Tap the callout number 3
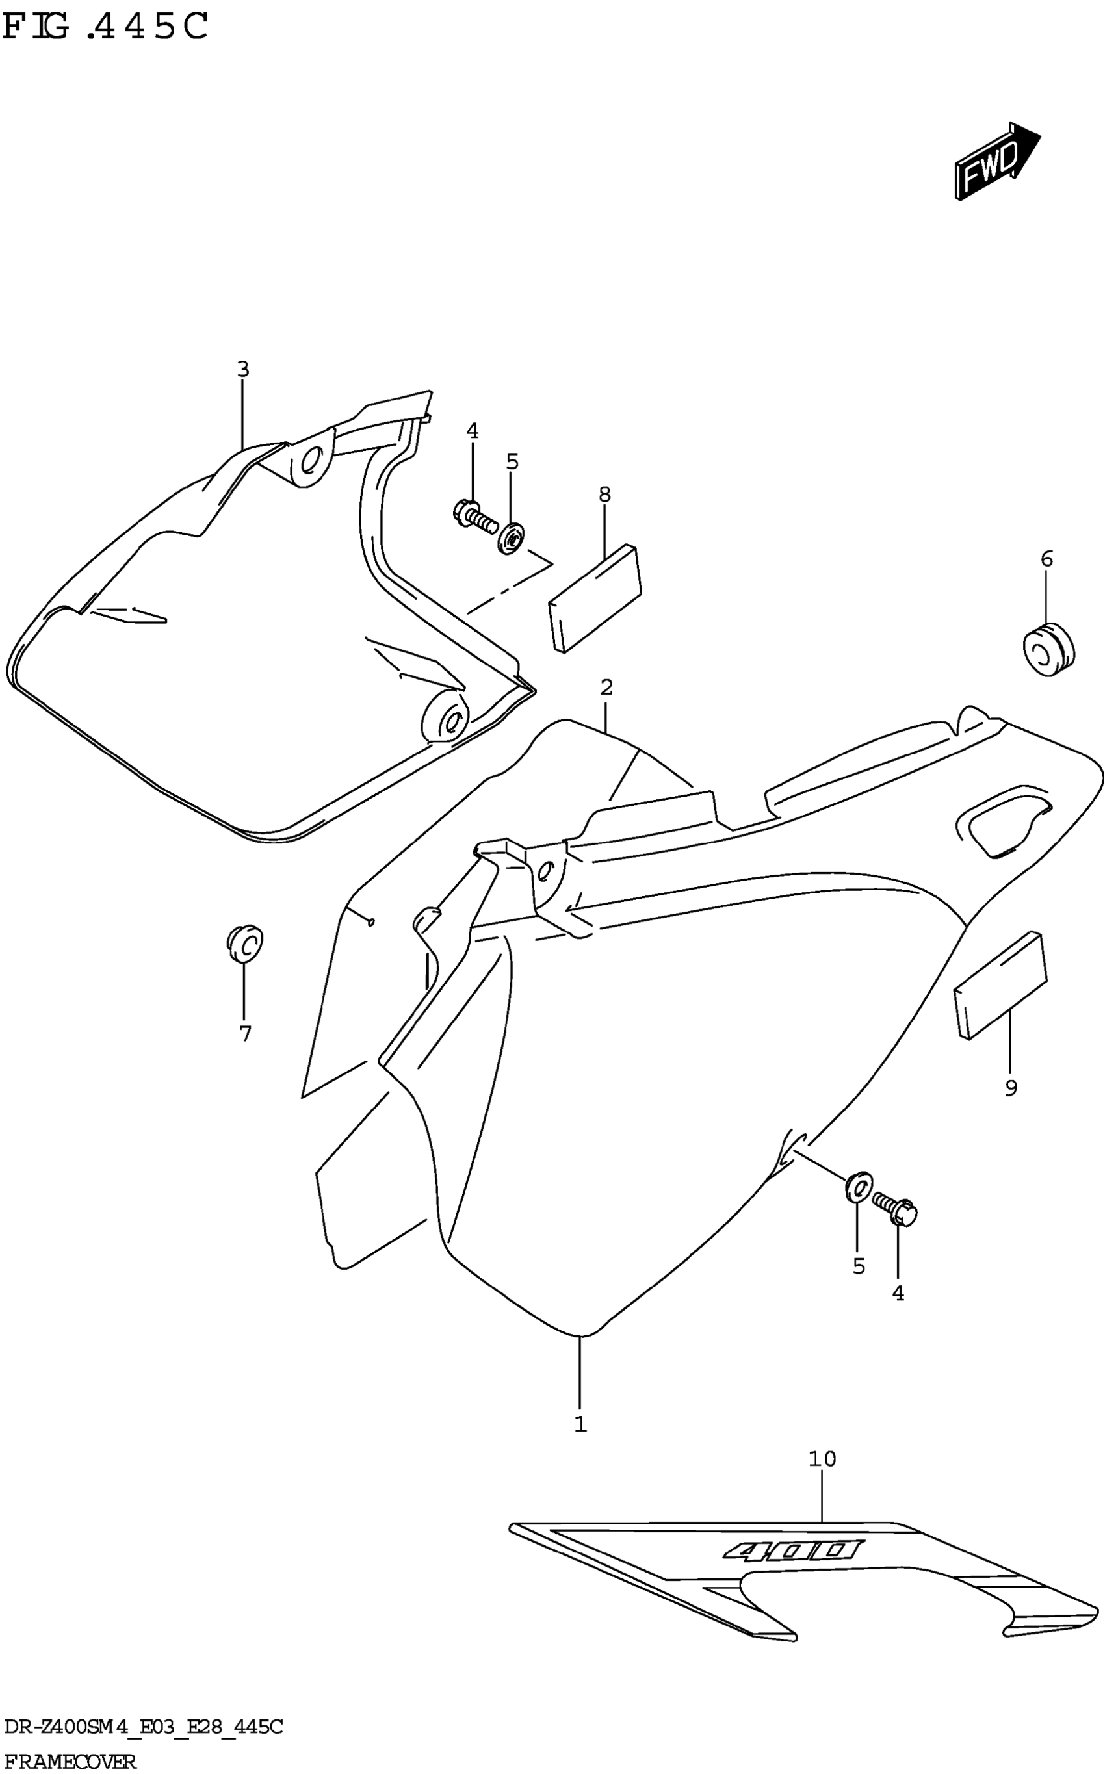pos(243,370)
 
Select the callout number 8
pos(604,495)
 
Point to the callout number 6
pos(1046,559)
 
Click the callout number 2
pos(606,688)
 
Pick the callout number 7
pos(245,1034)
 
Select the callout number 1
pos(580,1425)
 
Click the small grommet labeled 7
pos(245,944)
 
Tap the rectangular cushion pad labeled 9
pos(1000,986)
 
